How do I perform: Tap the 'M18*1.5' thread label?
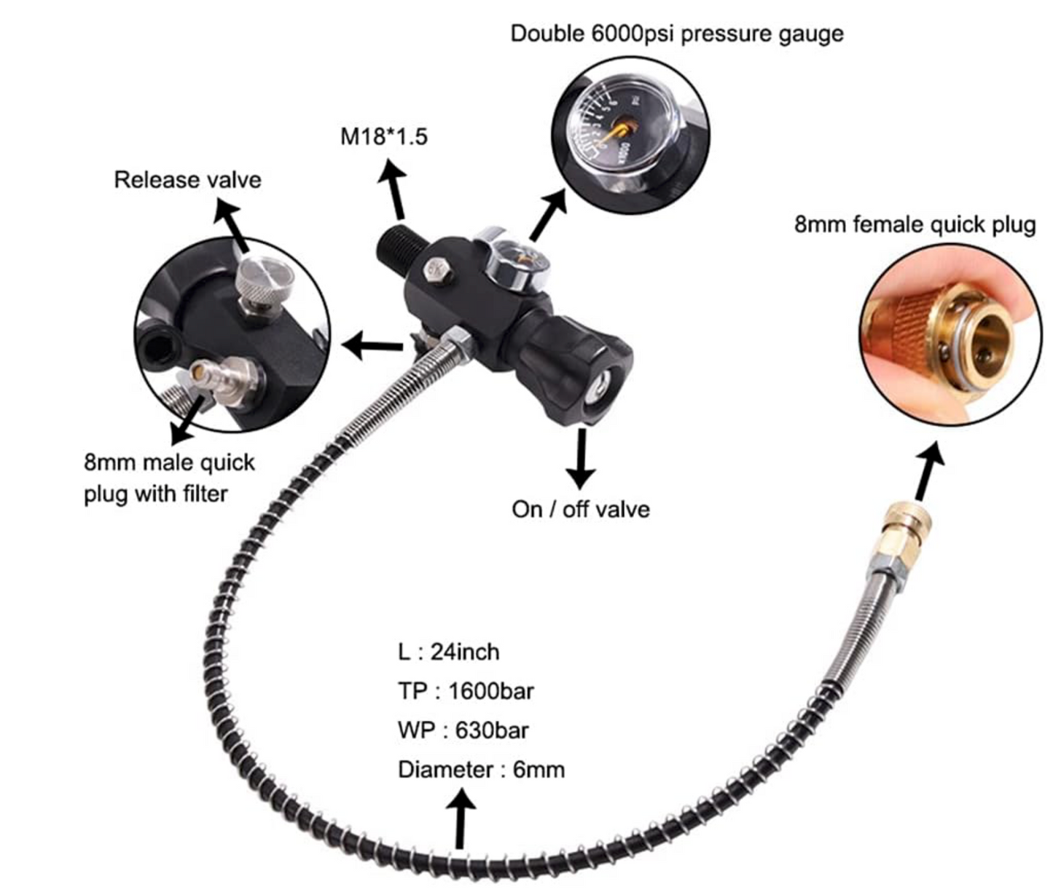coord(383,136)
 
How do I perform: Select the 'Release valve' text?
coord(187,180)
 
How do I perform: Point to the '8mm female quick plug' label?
coord(915,225)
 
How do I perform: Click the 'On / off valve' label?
coord(581,509)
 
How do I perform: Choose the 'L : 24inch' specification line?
coord(448,652)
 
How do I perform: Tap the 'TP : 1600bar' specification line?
coord(466,691)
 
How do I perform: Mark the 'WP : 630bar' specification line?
coord(463,730)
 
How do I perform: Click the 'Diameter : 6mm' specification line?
coord(482,770)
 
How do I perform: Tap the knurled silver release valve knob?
coord(265,282)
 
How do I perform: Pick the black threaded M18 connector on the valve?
coord(398,248)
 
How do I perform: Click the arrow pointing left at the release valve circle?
coord(372,346)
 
